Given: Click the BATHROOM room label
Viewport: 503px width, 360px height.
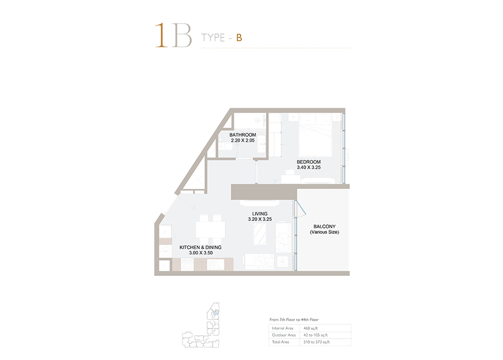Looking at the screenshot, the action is point(242,135).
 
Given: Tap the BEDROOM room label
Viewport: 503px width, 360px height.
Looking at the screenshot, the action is point(308,162).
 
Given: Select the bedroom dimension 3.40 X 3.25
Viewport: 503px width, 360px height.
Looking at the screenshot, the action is point(308,167).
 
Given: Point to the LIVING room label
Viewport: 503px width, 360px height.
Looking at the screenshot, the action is point(260,214).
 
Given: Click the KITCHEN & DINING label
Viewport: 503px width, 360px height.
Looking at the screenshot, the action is point(201,247).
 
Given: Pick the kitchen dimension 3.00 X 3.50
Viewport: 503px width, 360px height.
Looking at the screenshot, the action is point(201,253).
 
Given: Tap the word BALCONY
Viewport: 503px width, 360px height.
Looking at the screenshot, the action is point(325,226).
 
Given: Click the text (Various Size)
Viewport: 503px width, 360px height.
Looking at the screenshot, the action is point(324,232).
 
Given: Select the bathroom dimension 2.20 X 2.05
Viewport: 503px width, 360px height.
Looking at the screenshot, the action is point(242,140).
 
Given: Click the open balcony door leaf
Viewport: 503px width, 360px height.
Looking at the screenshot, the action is point(301,208).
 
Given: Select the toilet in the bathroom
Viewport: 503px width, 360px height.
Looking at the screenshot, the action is point(225,147).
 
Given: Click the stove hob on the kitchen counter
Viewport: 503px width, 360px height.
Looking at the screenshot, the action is point(186,264).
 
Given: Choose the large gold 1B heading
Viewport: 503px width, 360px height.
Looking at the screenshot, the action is point(173,36).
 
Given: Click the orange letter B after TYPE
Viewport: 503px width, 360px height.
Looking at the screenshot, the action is point(239,38).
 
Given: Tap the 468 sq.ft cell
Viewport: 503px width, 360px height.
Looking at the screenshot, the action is point(311,328).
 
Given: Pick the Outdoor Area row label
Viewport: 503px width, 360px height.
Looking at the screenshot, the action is point(284,335).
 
